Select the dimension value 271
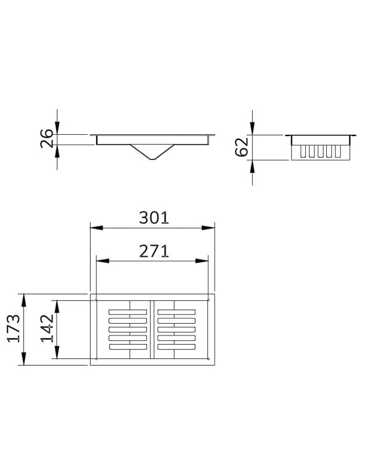pyautogui.click(x=153, y=251)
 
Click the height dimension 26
pyautogui.click(x=46, y=139)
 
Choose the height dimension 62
pyautogui.click(x=242, y=147)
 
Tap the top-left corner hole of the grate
pyautogui.click(x=97, y=300)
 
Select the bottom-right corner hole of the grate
pyautogui.click(x=208, y=359)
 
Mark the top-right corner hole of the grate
pyautogui.click(x=208, y=300)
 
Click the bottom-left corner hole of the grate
pyautogui.click(x=97, y=359)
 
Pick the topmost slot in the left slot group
pyautogui.click(x=128, y=310)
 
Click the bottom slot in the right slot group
pyautogui.click(x=176, y=348)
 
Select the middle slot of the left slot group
pyautogui.click(x=128, y=329)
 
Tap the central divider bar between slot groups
pyautogui.click(x=152, y=329)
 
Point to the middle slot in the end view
pyautogui.click(x=319, y=151)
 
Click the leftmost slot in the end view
pyautogui.click(x=303, y=151)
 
